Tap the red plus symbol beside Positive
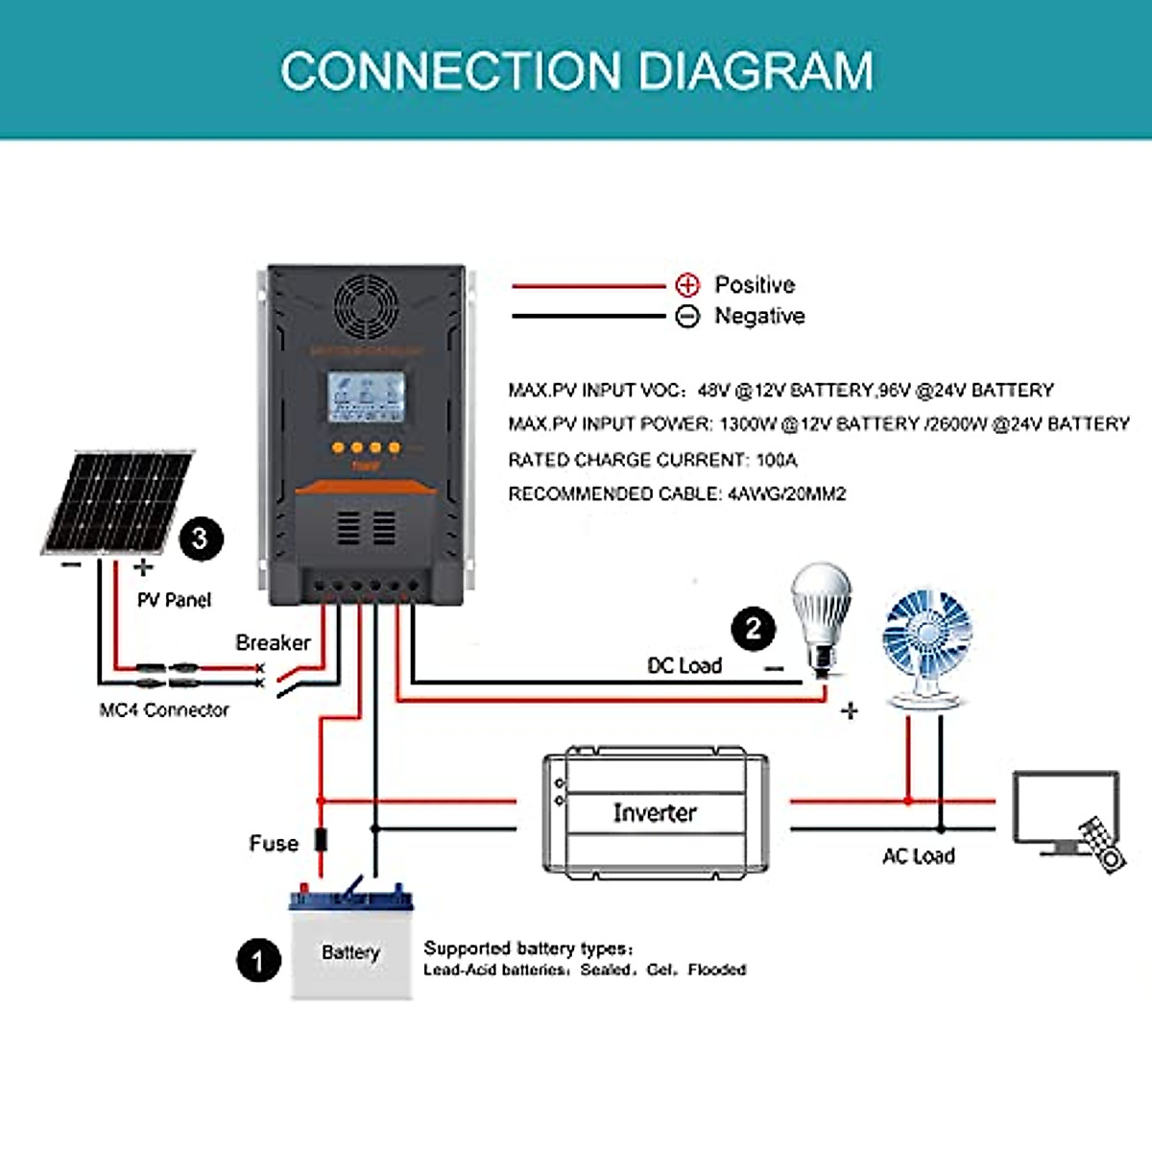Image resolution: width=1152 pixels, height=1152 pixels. click(687, 285)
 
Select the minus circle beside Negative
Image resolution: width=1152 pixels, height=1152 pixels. click(687, 316)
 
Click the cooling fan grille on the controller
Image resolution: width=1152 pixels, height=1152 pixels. click(366, 306)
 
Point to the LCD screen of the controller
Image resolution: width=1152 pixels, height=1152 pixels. click(365, 396)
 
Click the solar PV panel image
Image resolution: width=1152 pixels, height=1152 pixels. click(117, 501)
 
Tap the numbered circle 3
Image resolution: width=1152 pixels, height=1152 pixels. click(200, 539)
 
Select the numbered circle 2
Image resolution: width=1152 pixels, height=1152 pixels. click(754, 630)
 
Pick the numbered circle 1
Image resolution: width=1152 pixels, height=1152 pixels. click(258, 960)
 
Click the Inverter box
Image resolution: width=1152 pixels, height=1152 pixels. click(656, 813)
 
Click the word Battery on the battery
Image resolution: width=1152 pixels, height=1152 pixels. click(350, 952)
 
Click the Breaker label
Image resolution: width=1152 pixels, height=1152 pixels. click(273, 642)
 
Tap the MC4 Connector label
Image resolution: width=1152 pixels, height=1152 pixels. click(164, 710)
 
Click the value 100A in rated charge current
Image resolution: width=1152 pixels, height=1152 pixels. click(777, 460)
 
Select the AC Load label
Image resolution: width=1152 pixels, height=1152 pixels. click(918, 856)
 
